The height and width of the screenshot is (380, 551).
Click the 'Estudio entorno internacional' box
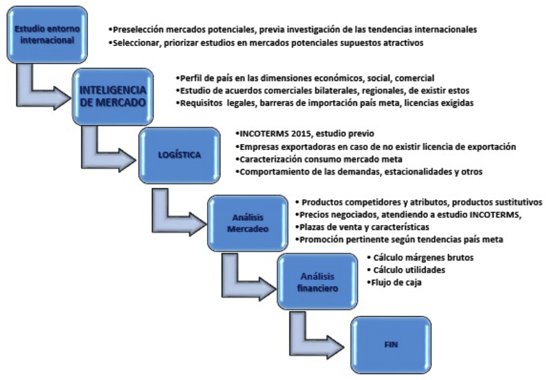pyautogui.click(x=47, y=34)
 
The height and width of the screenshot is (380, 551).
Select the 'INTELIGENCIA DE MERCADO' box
pyautogui.click(x=113, y=97)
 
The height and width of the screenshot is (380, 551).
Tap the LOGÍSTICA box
pyautogui.click(x=180, y=156)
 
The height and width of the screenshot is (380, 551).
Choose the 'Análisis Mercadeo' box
pyautogui.click(x=247, y=223)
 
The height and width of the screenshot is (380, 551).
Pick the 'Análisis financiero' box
pyautogui.click(x=317, y=282)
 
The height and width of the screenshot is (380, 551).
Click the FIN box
pyautogui.click(x=391, y=345)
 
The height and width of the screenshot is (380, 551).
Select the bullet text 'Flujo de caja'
pyautogui.click(x=396, y=282)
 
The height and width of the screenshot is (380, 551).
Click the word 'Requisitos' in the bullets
pyautogui.click(x=201, y=103)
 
